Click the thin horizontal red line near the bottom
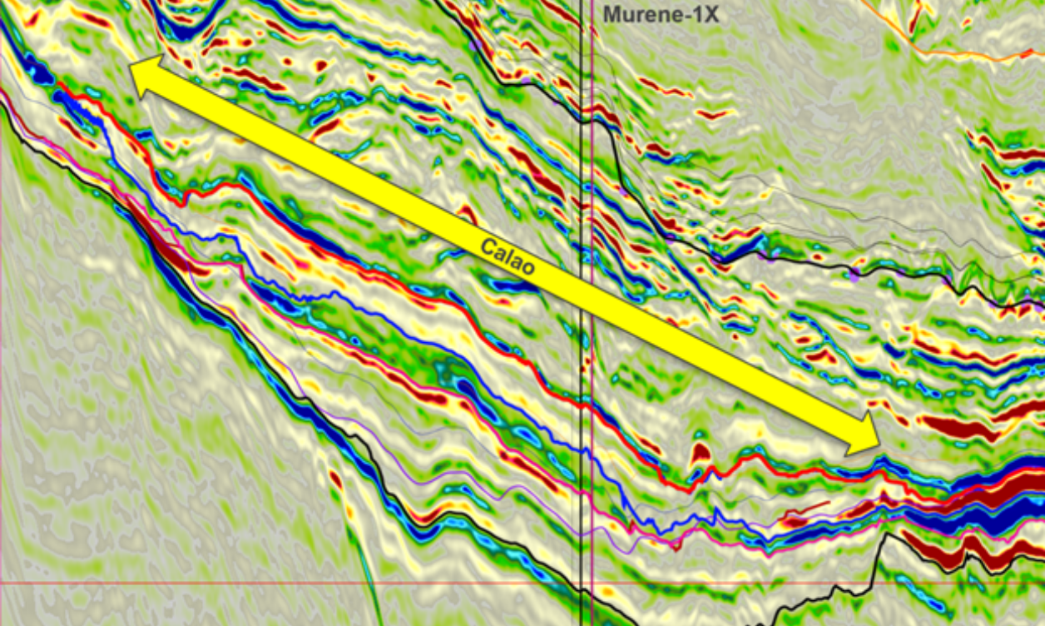[250, 583]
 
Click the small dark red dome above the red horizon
[700, 454]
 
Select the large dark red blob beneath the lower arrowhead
[957, 428]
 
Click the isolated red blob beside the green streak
[335, 480]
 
